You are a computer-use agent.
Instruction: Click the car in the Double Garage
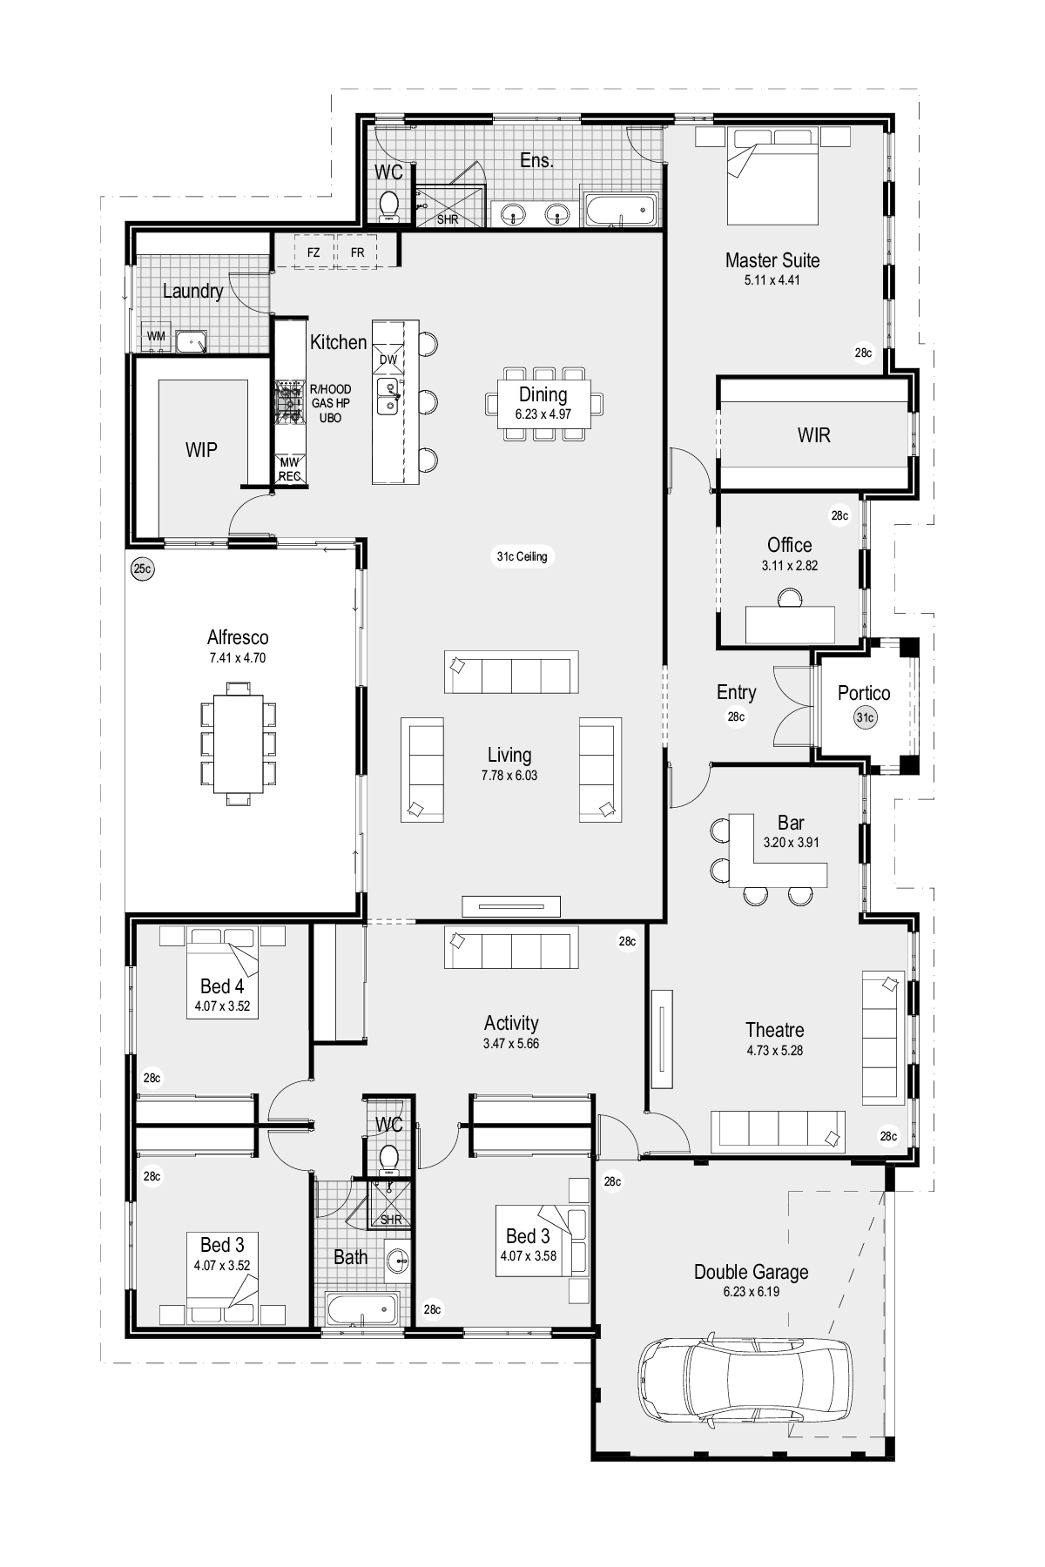click(745, 1377)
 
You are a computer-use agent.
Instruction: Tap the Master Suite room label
click(772, 259)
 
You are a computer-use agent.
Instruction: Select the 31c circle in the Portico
click(865, 717)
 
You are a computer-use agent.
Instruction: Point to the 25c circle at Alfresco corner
click(142, 569)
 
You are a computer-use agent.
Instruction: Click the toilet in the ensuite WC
click(389, 205)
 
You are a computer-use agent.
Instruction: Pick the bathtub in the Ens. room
click(619, 209)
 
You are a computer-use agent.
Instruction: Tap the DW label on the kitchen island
click(388, 359)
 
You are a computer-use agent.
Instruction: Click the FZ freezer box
click(313, 252)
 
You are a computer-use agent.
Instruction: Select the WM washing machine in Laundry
click(156, 336)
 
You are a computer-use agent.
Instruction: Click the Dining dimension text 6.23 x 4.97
click(543, 414)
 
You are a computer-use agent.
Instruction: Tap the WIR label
click(814, 434)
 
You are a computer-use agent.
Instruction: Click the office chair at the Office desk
click(790, 597)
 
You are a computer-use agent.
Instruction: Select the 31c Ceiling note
click(522, 556)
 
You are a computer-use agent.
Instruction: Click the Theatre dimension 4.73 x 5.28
click(774, 1050)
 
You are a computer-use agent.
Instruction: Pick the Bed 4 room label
click(222, 986)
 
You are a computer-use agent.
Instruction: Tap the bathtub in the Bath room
click(361, 1308)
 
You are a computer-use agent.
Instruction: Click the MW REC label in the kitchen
click(290, 470)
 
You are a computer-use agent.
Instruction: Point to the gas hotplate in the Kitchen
click(289, 402)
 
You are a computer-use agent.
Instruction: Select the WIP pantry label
click(201, 450)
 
